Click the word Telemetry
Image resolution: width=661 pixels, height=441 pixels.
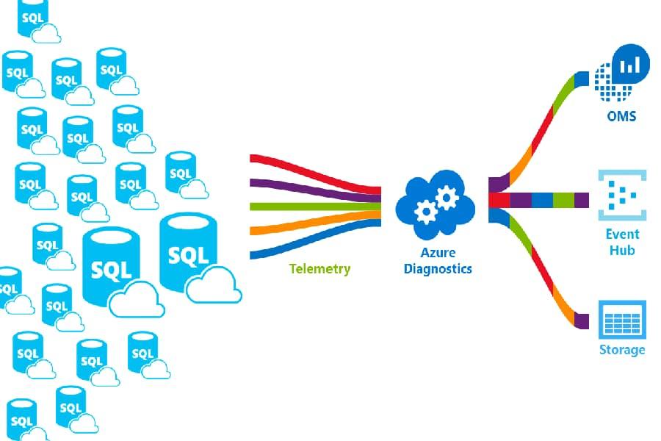point(319,268)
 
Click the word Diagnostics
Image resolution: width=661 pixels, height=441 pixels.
point(438,268)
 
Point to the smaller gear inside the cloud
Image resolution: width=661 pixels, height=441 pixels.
point(425,212)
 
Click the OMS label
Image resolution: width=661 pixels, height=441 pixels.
point(621,116)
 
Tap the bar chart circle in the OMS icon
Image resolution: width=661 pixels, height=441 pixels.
point(629,66)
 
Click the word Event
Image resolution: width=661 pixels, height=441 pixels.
point(622,234)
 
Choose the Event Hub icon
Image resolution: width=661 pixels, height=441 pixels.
point(622,195)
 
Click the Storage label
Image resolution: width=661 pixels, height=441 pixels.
point(622,349)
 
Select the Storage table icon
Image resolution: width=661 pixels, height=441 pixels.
point(622,319)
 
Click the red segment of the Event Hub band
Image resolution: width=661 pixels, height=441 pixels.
point(499,200)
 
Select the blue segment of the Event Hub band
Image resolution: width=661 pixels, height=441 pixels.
point(541,200)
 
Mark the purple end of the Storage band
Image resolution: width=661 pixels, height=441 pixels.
point(583,321)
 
